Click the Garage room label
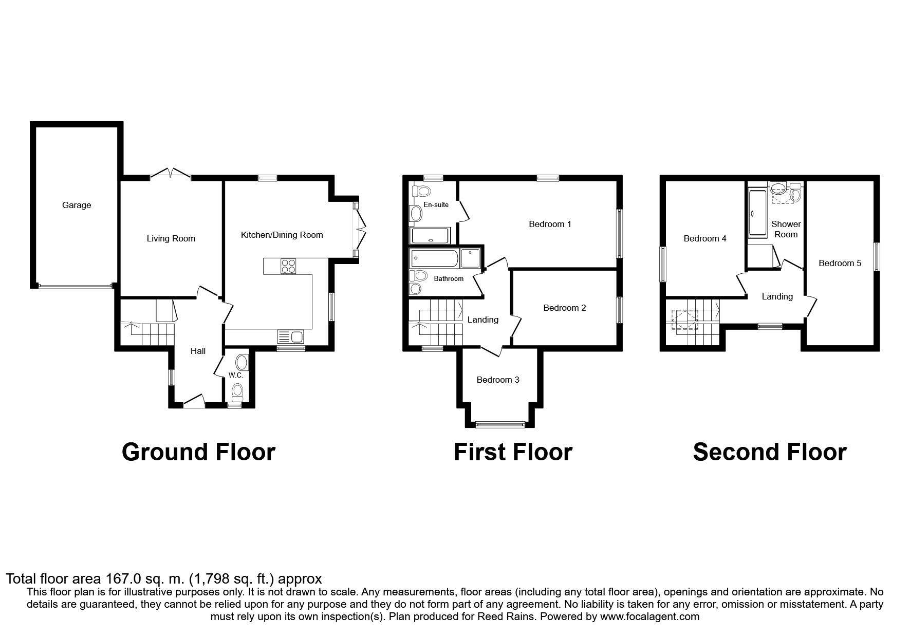click(x=77, y=205)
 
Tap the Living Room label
click(x=171, y=238)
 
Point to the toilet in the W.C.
click(x=237, y=393)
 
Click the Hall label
click(x=198, y=351)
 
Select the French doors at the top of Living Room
click(x=171, y=175)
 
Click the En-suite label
click(x=436, y=204)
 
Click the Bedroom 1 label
click(x=550, y=224)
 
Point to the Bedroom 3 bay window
click(x=499, y=424)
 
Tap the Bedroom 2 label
click(x=564, y=308)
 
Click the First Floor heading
click(x=512, y=452)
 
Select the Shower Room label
click(x=786, y=229)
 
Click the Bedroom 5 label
click(x=840, y=263)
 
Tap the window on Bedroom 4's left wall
click(x=663, y=264)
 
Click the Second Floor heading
click(x=769, y=452)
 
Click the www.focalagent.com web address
click(x=649, y=616)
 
